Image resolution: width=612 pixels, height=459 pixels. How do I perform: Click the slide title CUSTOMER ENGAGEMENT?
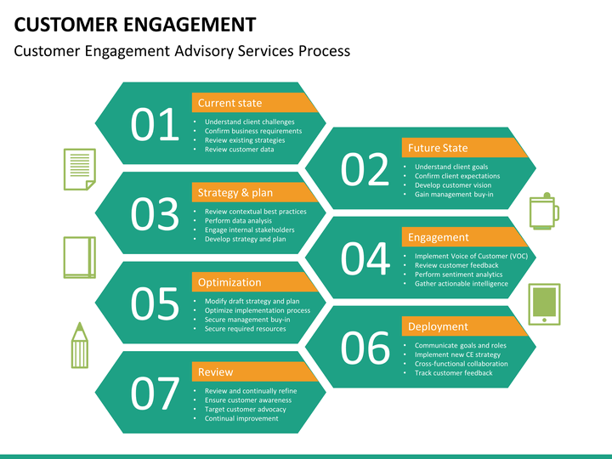coord(135,23)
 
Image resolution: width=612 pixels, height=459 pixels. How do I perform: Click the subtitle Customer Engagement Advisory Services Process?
coord(182,51)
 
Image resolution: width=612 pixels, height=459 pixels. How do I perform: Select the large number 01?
coord(155,126)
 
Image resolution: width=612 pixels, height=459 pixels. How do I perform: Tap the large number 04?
coord(365,259)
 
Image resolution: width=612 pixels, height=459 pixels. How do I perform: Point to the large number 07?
coord(155,394)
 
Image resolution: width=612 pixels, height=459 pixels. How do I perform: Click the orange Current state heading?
coord(229,103)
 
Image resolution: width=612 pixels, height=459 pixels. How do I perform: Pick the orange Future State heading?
coord(438,148)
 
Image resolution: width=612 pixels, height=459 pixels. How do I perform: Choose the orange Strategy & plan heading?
coord(235,192)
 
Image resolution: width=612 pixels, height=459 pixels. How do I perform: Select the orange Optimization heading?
coord(229,282)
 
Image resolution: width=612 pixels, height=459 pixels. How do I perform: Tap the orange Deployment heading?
coord(438,326)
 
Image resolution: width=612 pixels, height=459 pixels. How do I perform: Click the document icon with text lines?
coord(79,168)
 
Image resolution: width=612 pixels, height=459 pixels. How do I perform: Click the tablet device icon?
coord(544,303)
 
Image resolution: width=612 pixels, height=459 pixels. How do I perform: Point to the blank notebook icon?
coord(78,257)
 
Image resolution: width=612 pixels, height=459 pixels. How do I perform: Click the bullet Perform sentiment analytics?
coord(458,275)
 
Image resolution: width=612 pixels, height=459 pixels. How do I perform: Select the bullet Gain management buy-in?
coord(454,195)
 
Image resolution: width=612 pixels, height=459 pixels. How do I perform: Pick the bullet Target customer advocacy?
coord(245,409)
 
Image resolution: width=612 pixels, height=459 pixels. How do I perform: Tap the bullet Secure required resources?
coord(245,329)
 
